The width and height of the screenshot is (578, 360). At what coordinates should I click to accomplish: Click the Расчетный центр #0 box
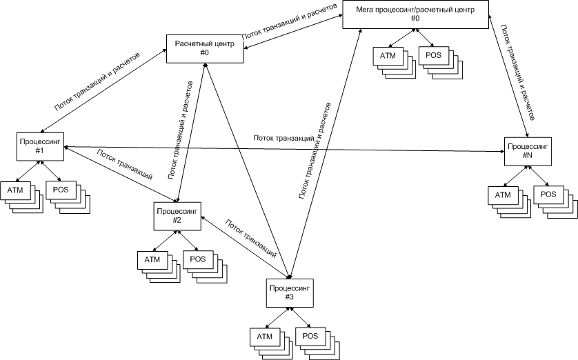[205, 48]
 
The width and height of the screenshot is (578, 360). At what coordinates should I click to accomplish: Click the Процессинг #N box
[528, 151]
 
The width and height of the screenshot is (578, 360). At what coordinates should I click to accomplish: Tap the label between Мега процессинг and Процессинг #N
[517, 69]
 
